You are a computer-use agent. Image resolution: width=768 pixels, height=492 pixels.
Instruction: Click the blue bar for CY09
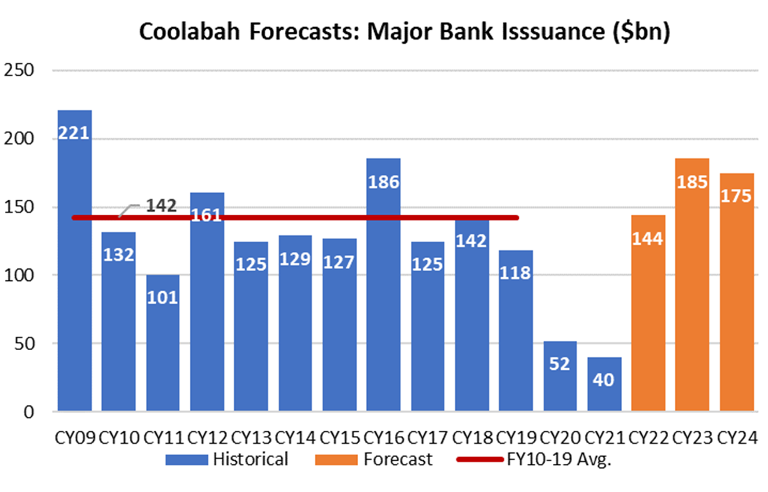pos(75,271)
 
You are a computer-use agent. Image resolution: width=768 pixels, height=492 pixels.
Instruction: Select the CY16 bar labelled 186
pos(383,289)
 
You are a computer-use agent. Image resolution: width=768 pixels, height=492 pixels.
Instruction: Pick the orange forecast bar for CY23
pos(692,289)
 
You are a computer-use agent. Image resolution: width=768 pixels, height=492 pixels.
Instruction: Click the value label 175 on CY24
pos(736,196)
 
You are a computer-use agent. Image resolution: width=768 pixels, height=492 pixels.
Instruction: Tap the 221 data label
pos(74,132)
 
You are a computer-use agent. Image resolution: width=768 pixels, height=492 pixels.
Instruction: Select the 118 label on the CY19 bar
pos(516,272)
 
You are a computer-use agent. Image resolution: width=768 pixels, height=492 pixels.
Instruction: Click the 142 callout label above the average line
pos(160,205)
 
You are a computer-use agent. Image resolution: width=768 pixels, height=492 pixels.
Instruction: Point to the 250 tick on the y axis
pos(21,70)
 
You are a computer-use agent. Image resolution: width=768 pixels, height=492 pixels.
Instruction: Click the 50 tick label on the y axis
pos(26,343)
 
